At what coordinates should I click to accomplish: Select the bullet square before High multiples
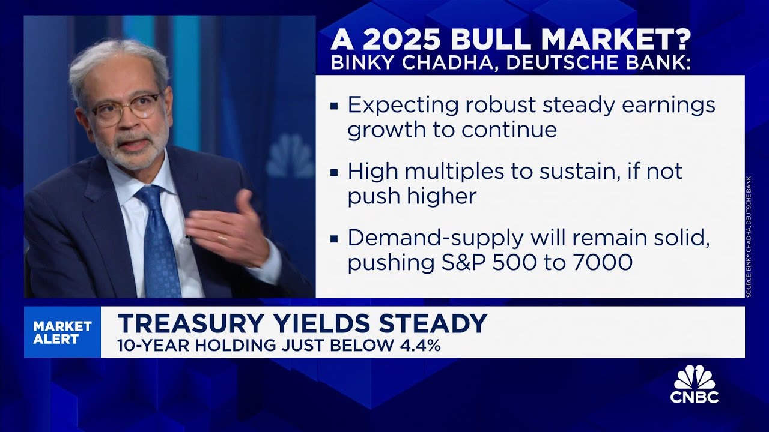335,173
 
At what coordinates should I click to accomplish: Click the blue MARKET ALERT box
62,332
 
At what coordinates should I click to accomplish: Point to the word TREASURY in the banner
186,324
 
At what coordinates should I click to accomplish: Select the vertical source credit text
749,237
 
